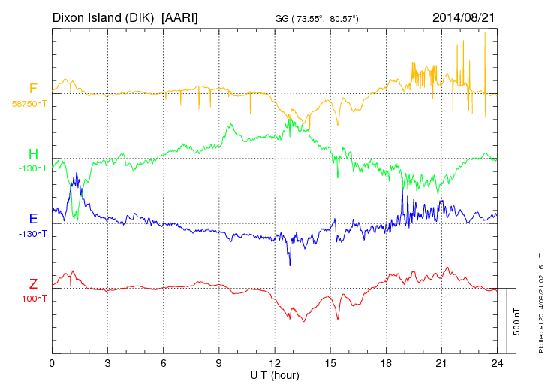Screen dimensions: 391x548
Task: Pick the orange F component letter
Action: click(33, 89)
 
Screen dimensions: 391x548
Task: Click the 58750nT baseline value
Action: click(29, 104)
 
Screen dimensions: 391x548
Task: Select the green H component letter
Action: click(33, 155)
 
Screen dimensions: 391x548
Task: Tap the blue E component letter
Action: click(33, 220)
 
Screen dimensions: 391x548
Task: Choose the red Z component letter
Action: click(33, 284)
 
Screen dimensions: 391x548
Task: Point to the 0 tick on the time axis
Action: click(52, 364)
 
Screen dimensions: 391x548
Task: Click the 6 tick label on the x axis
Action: click(163, 364)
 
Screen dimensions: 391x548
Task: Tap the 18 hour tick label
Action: click(386, 364)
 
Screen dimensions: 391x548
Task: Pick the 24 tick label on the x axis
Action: click(497, 364)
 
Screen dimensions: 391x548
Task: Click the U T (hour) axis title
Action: click(275, 375)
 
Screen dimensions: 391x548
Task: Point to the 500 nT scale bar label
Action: click(517, 321)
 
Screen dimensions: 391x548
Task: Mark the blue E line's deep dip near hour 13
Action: click(290, 264)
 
